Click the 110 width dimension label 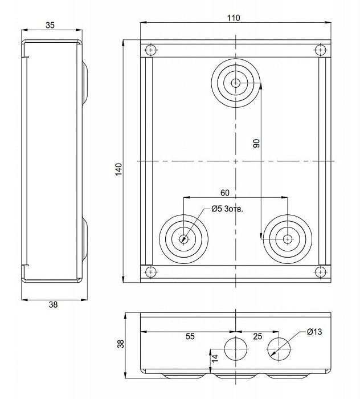[x=234, y=18]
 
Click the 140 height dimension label [x=118, y=169]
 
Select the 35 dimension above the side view [x=50, y=25]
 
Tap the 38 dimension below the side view [x=53, y=304]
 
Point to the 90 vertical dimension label [x=256, y=143]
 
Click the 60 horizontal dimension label [x=225, y=193]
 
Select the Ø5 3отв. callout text [x=227, y=209]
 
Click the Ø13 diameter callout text [x=314, y=332]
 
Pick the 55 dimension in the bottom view [x=190, y=336]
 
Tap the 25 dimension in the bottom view [x=257, y=336]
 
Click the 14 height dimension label [x=215, y=358]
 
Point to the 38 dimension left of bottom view [x=121, y=344]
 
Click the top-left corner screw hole [x=151, y=50]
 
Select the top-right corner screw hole [x=320, y=50]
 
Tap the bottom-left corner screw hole [x=151, y=272]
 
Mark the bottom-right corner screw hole [x=320, y=272]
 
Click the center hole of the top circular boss [x=236, y=83]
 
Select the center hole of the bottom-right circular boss [x=288, y=239]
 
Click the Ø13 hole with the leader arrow [x=279, y=349]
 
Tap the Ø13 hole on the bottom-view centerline [x=236, y=349]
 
